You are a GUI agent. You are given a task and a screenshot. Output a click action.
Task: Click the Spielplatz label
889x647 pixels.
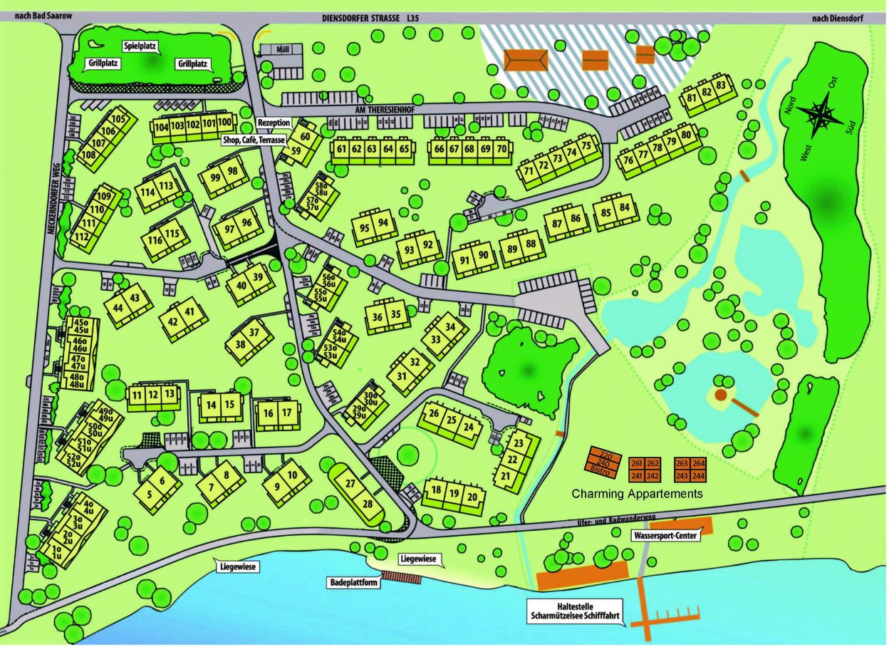(x=139, y=47)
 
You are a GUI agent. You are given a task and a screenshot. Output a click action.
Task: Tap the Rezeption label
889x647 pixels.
(x=274, y=123)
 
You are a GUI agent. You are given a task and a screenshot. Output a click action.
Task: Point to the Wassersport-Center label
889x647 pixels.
(x=662, y=534)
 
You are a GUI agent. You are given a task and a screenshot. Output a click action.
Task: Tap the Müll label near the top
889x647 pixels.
(x=287, y=49)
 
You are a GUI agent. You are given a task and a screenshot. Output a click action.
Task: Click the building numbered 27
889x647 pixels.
(x=350, y=484)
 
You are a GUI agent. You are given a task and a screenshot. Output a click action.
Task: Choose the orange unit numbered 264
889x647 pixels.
(x=698, y=462)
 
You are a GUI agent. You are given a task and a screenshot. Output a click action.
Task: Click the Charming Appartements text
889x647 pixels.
(x=637, y=494)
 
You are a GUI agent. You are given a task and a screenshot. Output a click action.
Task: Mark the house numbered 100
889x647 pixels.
(x=224, y=122)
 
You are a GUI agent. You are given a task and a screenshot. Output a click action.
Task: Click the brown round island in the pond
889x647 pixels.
(x=720, y=394)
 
